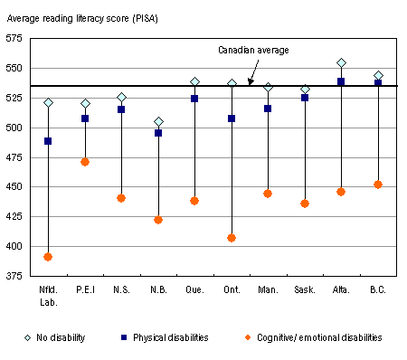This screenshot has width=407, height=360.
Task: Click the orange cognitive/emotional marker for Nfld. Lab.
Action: pyautogui.click(x=48, y=257)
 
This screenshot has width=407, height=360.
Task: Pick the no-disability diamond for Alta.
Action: pyautogui.click(x=341, y=63)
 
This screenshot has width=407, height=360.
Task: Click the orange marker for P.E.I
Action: pyautogui.click(x=85, y=162)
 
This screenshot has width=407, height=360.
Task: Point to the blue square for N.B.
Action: pyautogui.click(x=158, y=133)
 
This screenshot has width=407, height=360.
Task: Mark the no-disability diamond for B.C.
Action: pyautogui.click(x=378, y=76)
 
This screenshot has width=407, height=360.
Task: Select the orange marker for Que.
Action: pyautogui.click(x=194, y=201)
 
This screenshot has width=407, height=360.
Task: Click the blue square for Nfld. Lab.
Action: pyautogui.click(x=48, y=141)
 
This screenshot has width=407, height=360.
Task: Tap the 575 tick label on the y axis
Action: pyautogui.click(x=16, y=39)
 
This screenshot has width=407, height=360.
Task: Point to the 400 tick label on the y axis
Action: pyautogui.click(x=16, y=247)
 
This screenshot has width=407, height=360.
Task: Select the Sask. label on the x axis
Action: pyautogui.click(x=305, y=291)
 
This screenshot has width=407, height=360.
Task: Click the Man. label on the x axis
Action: pyautogui.click(x=268, y=291)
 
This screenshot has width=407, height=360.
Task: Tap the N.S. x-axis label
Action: pyautogui.click(x=121, y=291)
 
